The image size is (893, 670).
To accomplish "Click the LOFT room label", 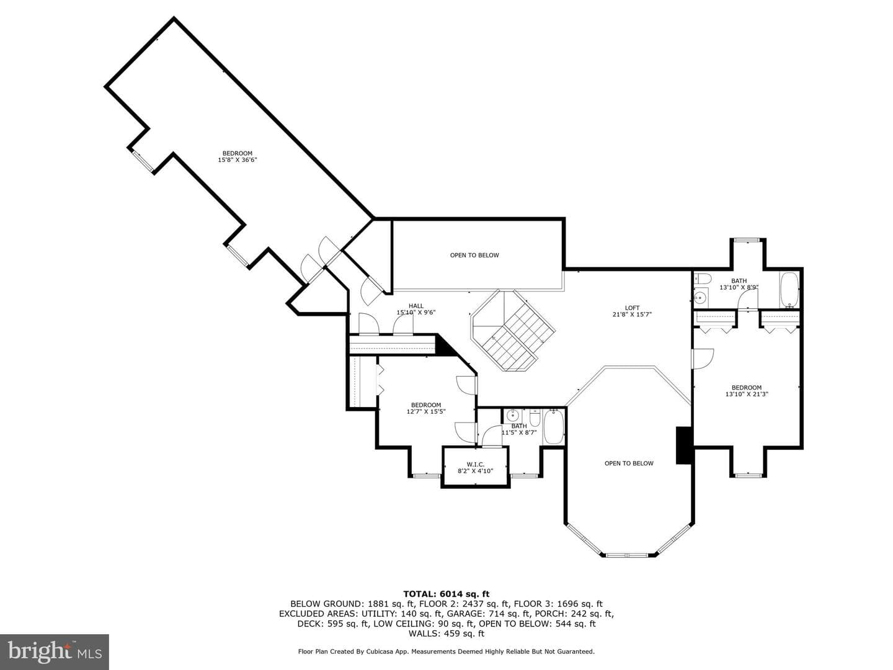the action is coord(632,308).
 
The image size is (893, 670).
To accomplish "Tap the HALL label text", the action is coord(415,306).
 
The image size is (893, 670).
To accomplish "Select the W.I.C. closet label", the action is coord(475,465).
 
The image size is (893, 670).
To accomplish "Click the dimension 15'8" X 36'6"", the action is coord(237,160).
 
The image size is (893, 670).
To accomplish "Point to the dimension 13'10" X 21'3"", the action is coord(747,394).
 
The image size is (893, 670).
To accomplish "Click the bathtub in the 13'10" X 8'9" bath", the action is coord(789,290).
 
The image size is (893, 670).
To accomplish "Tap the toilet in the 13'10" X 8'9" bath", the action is coord(703,279).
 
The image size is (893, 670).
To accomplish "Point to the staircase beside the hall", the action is coord(513,330).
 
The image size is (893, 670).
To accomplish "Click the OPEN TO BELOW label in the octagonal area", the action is coord(629,463).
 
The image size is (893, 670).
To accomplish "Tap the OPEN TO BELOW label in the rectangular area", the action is coord(474,255).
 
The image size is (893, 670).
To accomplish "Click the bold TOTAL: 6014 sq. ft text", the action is coord(446,594).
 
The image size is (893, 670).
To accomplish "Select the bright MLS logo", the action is coord(55,651).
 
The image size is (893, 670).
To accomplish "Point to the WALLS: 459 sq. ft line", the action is coord(446,633).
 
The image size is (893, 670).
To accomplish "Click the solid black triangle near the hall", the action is coord(443,346).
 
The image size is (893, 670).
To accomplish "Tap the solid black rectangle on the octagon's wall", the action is coord(684,445).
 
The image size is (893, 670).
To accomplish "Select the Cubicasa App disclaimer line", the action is coord(446,651).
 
